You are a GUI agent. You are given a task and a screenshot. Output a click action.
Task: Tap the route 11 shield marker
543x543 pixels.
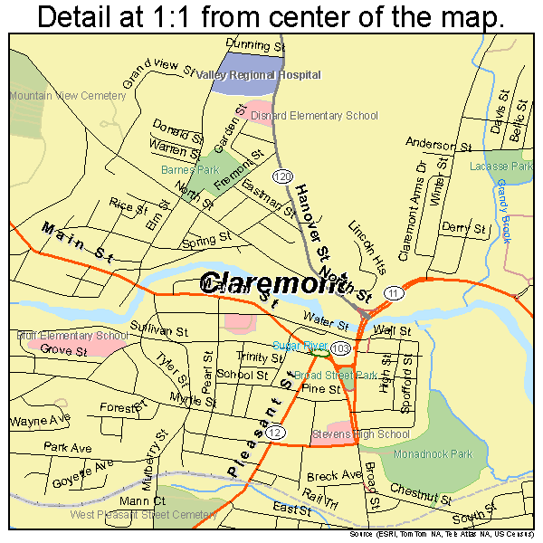coord(392,294)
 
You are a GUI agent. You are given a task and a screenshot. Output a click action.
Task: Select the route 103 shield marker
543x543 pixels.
coord(340,348)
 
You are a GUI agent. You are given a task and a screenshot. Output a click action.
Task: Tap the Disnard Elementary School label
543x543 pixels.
coord(314,116)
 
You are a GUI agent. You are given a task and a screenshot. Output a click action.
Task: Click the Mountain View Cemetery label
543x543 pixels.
coord(54,95)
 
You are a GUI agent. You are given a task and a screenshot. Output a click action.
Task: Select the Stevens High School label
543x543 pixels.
coord(361,434)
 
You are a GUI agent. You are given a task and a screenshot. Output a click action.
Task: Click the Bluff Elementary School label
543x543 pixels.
coord(72,336)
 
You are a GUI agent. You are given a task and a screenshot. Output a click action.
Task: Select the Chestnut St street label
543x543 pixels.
coord(420,493)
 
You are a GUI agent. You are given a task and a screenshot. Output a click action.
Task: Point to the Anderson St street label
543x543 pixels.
coord(439,144)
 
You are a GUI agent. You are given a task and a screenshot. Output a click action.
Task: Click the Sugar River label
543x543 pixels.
coord(299,346)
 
